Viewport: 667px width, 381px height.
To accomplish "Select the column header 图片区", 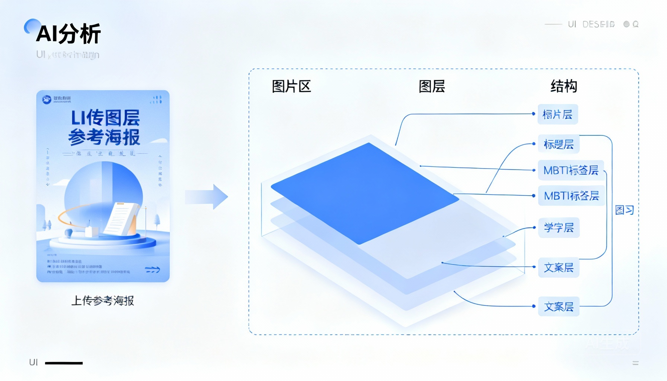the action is click(x=291, y=86).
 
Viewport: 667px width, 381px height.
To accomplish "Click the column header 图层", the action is click(x=432, y=86).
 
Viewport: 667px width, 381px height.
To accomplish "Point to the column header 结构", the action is click(x=564, y=86).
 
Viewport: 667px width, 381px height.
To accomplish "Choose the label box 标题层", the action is click(x=558, y=144).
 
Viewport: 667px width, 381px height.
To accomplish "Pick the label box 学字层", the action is click(x=559, y=227).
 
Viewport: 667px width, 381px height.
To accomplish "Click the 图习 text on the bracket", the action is click(x=624, y=210).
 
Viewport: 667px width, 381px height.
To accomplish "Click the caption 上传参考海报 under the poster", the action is click(x=103, y=301).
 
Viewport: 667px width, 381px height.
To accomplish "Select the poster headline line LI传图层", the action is click(x=105, y=118).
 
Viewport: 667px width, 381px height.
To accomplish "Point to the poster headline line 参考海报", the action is click(x=104, y=137).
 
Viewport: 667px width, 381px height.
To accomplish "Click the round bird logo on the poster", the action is click(x=47, y=99).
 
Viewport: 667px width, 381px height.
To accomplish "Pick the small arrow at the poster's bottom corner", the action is click(x=153, y=269).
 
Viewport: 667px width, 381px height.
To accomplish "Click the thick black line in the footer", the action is click(x=64, y=363).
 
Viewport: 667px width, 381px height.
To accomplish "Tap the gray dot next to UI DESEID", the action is click(x=626, y=24).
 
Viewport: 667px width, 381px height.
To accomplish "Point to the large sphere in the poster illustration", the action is click(x=103, y=190).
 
